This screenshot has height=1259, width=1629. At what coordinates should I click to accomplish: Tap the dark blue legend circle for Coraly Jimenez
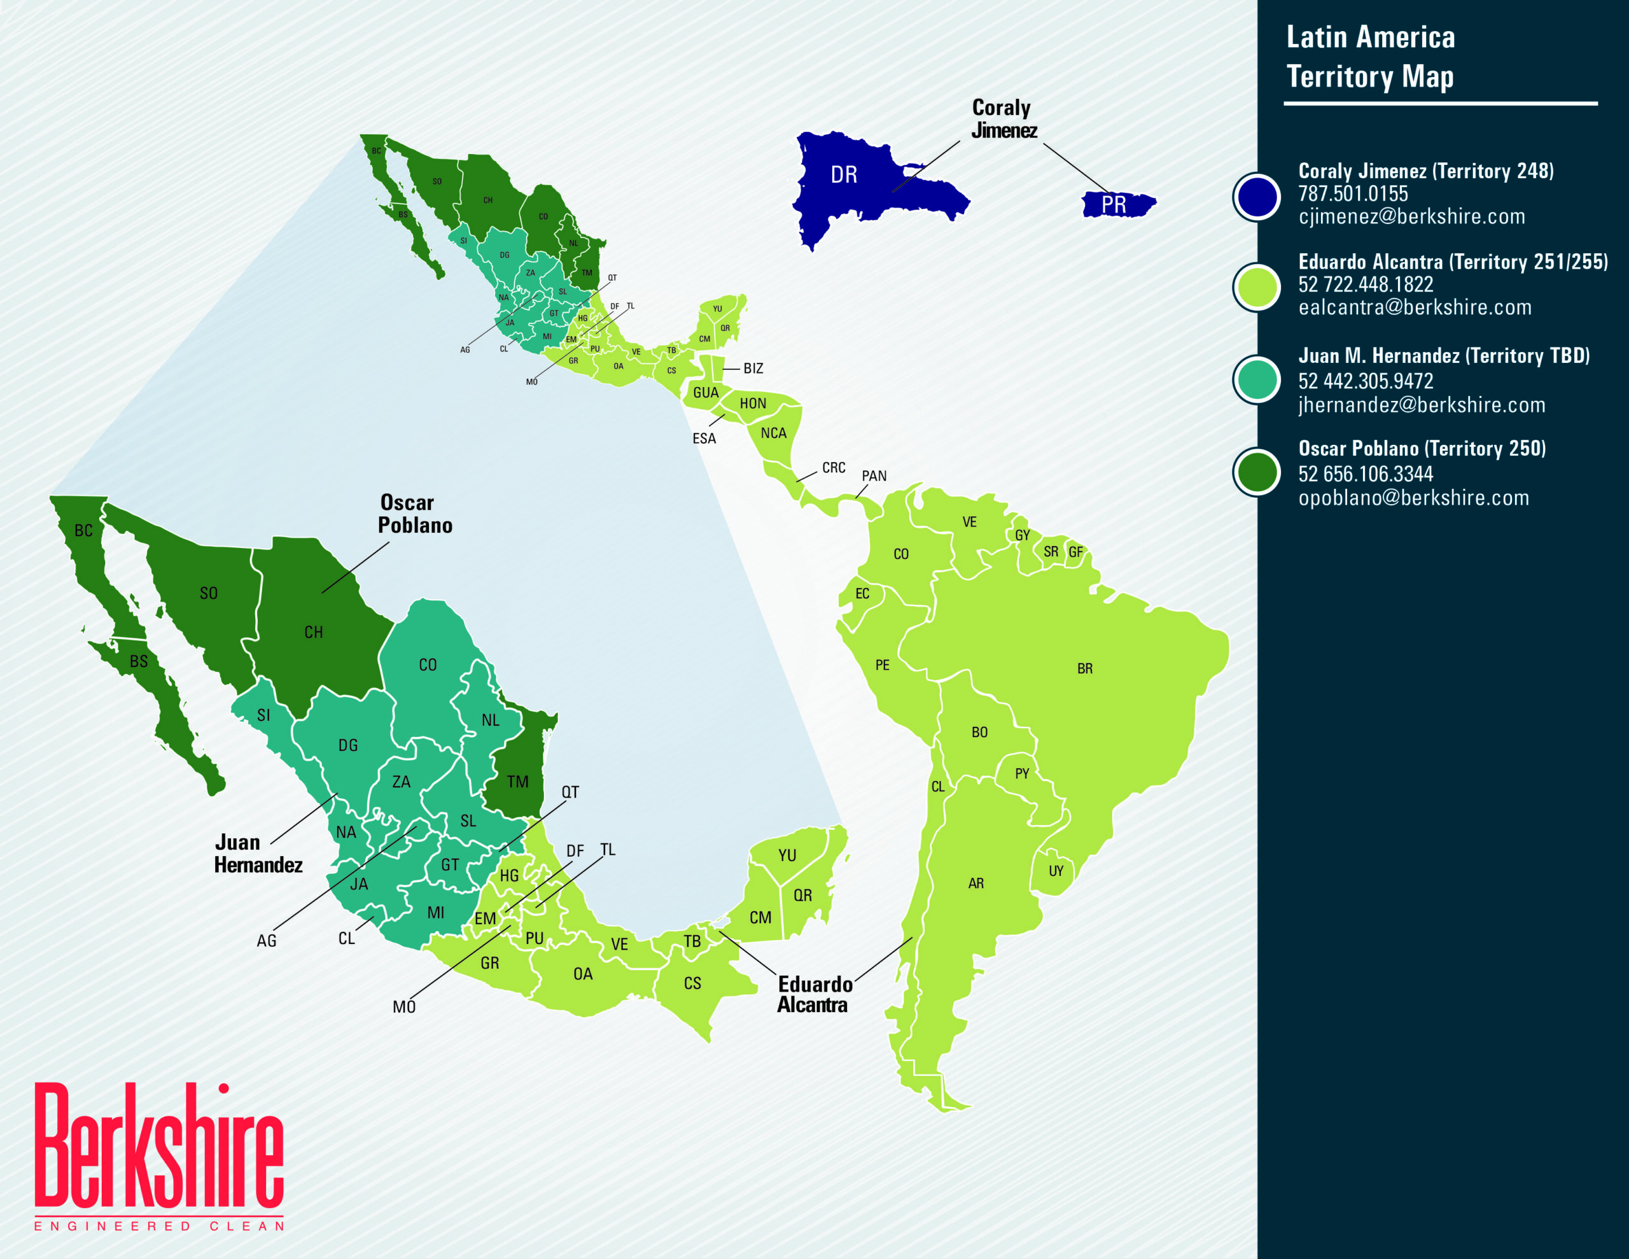[x=1257, y=196]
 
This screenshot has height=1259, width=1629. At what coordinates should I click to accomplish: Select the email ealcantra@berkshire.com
[x=1414, y=307]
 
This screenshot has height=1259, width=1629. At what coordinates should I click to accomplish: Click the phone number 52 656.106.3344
[x=1365, y=474]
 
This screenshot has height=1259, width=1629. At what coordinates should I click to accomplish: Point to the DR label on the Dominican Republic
[x=844, y=176]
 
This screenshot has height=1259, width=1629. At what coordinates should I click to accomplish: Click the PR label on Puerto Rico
[x=1114, y=204]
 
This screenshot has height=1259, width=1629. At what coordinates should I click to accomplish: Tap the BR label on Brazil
[x=1084, y=669]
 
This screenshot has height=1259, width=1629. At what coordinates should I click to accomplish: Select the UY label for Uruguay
[x=1056, y=871]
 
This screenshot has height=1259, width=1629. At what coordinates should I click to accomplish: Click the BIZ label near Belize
[x=753, y=369]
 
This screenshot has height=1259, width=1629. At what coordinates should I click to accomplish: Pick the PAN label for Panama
[x=874, y=476]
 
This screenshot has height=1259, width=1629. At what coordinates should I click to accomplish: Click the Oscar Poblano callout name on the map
[x=414, y=514]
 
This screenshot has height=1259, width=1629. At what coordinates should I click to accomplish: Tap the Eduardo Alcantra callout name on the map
[x=814, y=994]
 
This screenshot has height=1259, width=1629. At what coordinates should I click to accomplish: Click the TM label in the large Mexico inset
[x=517, y=782]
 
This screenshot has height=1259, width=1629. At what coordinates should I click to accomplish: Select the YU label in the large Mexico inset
[x=787, y=856]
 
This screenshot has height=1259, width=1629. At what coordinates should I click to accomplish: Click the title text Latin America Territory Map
[x=1370, y=57]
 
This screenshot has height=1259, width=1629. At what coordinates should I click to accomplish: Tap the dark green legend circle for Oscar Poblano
[x=1257, y=472]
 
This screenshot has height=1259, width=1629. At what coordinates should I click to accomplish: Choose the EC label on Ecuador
[x=862, y=594]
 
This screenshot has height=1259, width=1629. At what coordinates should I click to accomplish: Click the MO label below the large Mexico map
[x=403, y=1007]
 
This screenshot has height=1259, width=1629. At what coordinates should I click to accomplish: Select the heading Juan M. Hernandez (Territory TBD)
[x=1443, y=356]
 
